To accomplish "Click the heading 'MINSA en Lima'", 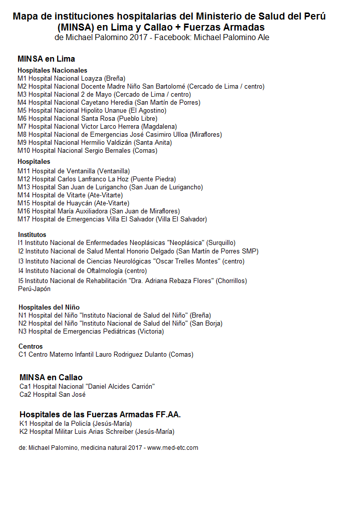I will click(46, 59).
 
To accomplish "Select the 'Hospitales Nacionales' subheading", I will click(52, 71).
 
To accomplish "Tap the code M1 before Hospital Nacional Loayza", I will click(22, 79).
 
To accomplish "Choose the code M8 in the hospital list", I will click(22, 135).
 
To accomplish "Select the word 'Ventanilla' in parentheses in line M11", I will click(114, 171).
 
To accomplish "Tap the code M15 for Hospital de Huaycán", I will click(24, 203).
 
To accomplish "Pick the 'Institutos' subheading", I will click(32, 234).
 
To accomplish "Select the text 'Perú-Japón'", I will click(34, 289).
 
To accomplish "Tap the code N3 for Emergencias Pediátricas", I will click(23, 332).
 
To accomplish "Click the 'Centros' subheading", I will click(31, 347).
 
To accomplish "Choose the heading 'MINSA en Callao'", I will click(51, 377).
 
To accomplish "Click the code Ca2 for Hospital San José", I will click(25, 395).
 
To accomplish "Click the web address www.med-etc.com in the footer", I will click(173, 448).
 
